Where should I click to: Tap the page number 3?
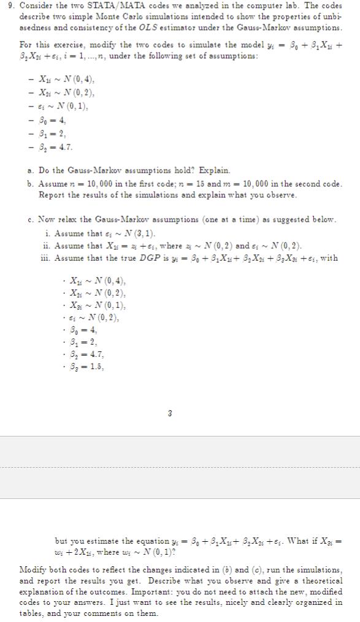(170, 414)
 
